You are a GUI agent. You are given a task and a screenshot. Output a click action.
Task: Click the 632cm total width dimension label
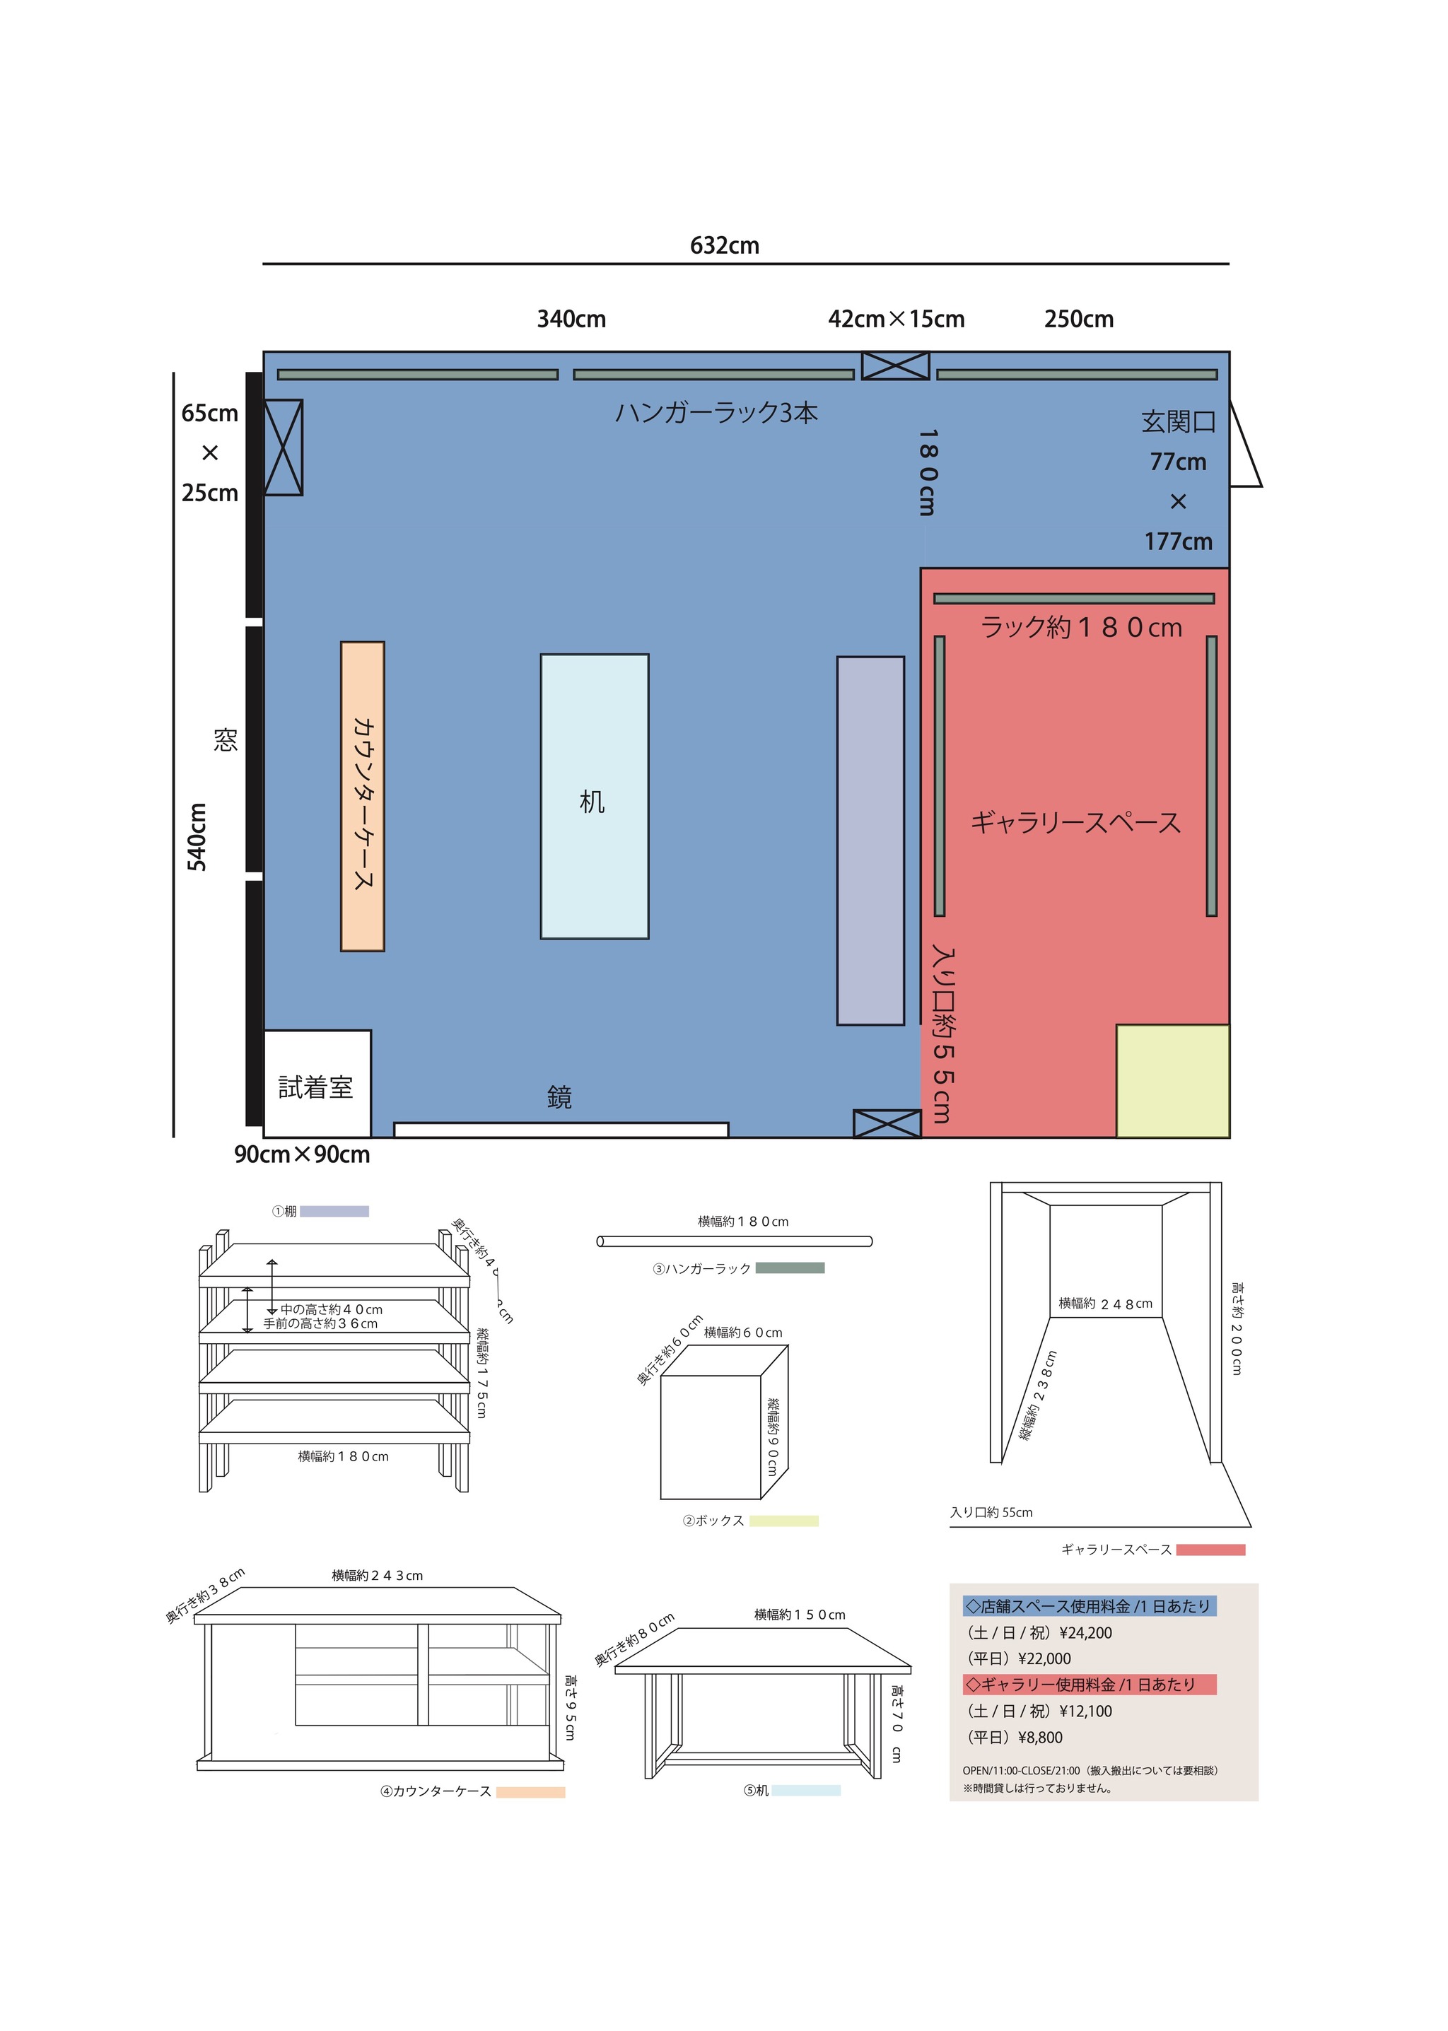pyautogui.click(x=724, y=245)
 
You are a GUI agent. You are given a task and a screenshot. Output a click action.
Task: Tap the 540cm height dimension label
pyautogui.click(x=197, y=836)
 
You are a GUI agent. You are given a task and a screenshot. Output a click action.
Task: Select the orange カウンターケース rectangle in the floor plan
pyautogui.click(x=362, y=796)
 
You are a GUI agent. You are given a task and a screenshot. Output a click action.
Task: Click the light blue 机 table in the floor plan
pyautogui.click(x=594, y=796)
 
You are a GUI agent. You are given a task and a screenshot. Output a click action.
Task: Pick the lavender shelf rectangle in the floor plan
pyautogui.click(x=870, y=841)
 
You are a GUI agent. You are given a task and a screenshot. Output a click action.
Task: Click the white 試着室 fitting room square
pyautogui.click(x=317, y=1083)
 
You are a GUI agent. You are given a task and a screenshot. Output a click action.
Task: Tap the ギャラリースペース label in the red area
pyautogui.click(x=1075, y=822)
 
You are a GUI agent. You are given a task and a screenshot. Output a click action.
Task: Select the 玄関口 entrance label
pyautogui.click(x=1178, y=422)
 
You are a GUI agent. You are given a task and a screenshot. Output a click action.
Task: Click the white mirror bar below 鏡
pyautogui.click(x=561, y=1130)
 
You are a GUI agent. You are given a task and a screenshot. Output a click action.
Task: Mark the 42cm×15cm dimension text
pyautogui.click(x=896, y=320)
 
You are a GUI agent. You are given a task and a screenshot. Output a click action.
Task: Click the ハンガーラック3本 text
pyautogui.click(x=716, y=413)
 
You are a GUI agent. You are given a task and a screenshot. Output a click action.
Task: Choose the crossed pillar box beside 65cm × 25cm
pyautogui.click(x=284, y=447)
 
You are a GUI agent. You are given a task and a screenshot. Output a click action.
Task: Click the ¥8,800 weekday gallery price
pyautogui.click(x=1041, y=1738)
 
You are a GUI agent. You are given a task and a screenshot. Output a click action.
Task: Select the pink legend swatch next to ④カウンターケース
pyautogui.click(x=530, y=1792)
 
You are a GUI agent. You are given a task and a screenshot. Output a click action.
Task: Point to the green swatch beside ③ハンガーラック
pyautogui.click(x=790, y=1268)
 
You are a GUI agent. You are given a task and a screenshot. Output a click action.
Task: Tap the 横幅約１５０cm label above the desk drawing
pyautogui.click(x=800, y=1615)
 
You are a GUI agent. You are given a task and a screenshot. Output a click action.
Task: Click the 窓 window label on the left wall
pyautogui.click(x=225, y=740)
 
